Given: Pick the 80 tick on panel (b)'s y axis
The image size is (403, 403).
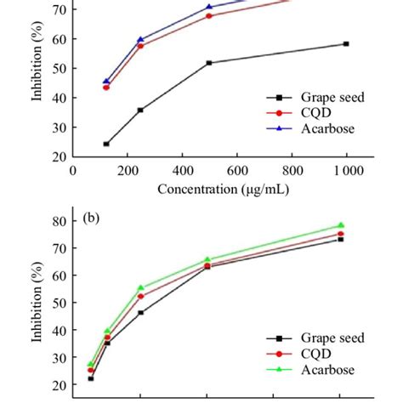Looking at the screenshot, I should coord(60,221).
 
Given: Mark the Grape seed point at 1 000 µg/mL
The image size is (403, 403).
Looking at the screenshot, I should coord(345,43).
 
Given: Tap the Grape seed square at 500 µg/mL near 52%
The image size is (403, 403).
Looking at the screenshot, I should coord(209,62).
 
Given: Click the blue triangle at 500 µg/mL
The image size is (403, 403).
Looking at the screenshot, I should coord(209,7).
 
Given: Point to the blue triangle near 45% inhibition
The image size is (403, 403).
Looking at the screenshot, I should coord(106,82).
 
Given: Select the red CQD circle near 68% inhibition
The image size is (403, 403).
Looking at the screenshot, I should coord(209,15).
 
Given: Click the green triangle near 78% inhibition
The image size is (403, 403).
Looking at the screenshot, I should coord(341,225).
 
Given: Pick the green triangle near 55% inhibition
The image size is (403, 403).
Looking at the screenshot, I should coord(141,287).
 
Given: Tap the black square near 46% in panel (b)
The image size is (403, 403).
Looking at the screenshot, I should coord(141,312).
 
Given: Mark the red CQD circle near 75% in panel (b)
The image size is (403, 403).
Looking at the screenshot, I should coord(341,234).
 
